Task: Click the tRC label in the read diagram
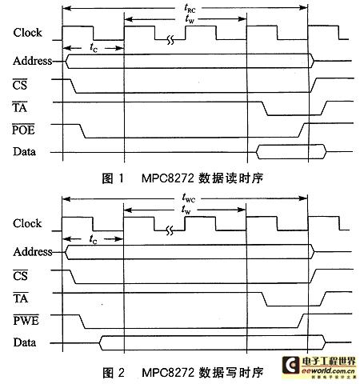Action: pyautogui.click(x=190, y=8)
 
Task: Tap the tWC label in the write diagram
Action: pyautogui.click(x=189, y=198)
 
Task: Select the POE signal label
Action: pyautogui.click(x=23, y=130)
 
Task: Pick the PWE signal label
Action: pyautogui.click(x=26, y=320)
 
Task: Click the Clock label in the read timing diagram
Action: pyautogui.click(x=27, y=33)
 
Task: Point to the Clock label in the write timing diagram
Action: pyautogui.click(x=27, y=223)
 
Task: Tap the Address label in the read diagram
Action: pyautogui.click(x=32, y=61)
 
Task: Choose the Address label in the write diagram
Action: pyautogui.click(x=33, y=251)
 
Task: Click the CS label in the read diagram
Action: pyautogui.click(x=20, y=85)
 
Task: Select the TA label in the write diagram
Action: pyautogui.click(x=21, y=298)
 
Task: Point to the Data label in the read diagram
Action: pyautogui.click(x=24, y=151)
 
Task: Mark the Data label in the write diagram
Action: pyautogui.click(x=25, y=342)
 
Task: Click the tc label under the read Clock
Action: pyautogui.click(x=94, y=47)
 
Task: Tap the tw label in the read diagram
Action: pyautogui.click(x=190, y=19)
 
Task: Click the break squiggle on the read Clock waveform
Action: pyautogui.click(x=170, y=40)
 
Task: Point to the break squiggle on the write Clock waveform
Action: pyautogui.click(x=170, y=230)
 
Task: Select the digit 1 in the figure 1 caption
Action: pyautogui.click(x=122, y=178)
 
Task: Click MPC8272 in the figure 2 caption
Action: pyautogui.click(x=168, y=372)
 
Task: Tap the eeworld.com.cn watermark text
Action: pyautogui.click(x=328, y=370)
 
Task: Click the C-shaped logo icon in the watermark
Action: pyautogui.click(x=291, y=366)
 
